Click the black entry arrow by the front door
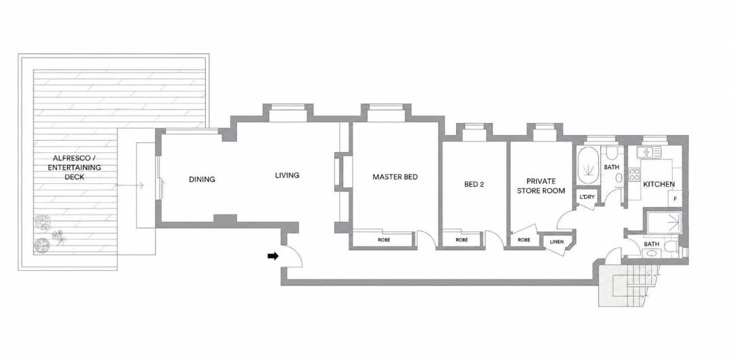coord(273,256)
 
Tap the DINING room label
coord(202,179)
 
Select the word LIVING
coord(287,175)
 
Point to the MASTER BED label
coord(395,177)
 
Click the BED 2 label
coord(474,184)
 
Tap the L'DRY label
coord(587,197)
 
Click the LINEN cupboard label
coord(557,242)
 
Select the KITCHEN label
coord(659,184)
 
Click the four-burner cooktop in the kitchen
coord(634,175)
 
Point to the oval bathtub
coord(588,166)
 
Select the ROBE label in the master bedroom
coord(384,240)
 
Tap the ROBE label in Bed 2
coord(462,240)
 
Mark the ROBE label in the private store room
coord(524,240)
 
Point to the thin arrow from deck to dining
coord(129,185)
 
